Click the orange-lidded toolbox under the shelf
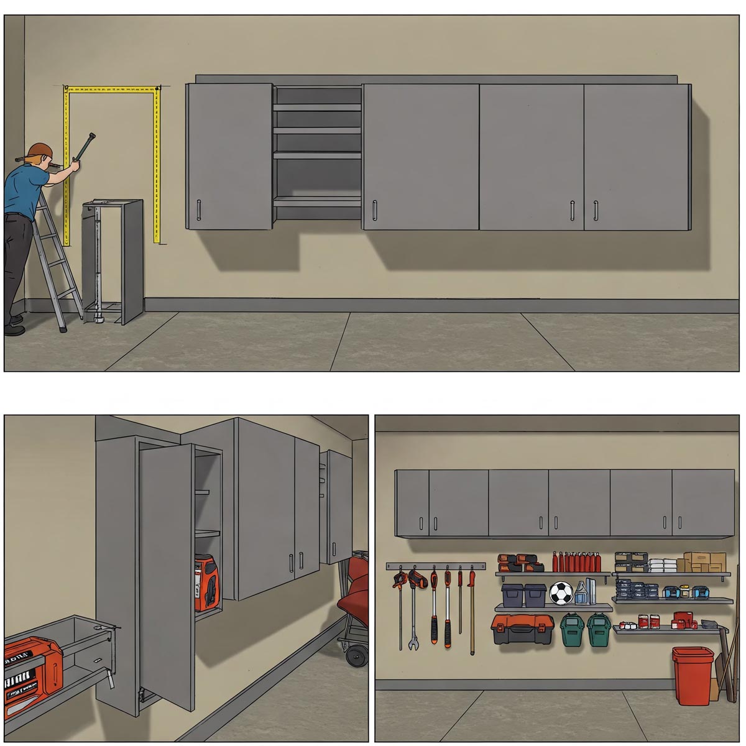pos(522,629)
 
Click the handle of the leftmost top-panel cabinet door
pos(198,210)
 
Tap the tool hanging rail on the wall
pos(435,566)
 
